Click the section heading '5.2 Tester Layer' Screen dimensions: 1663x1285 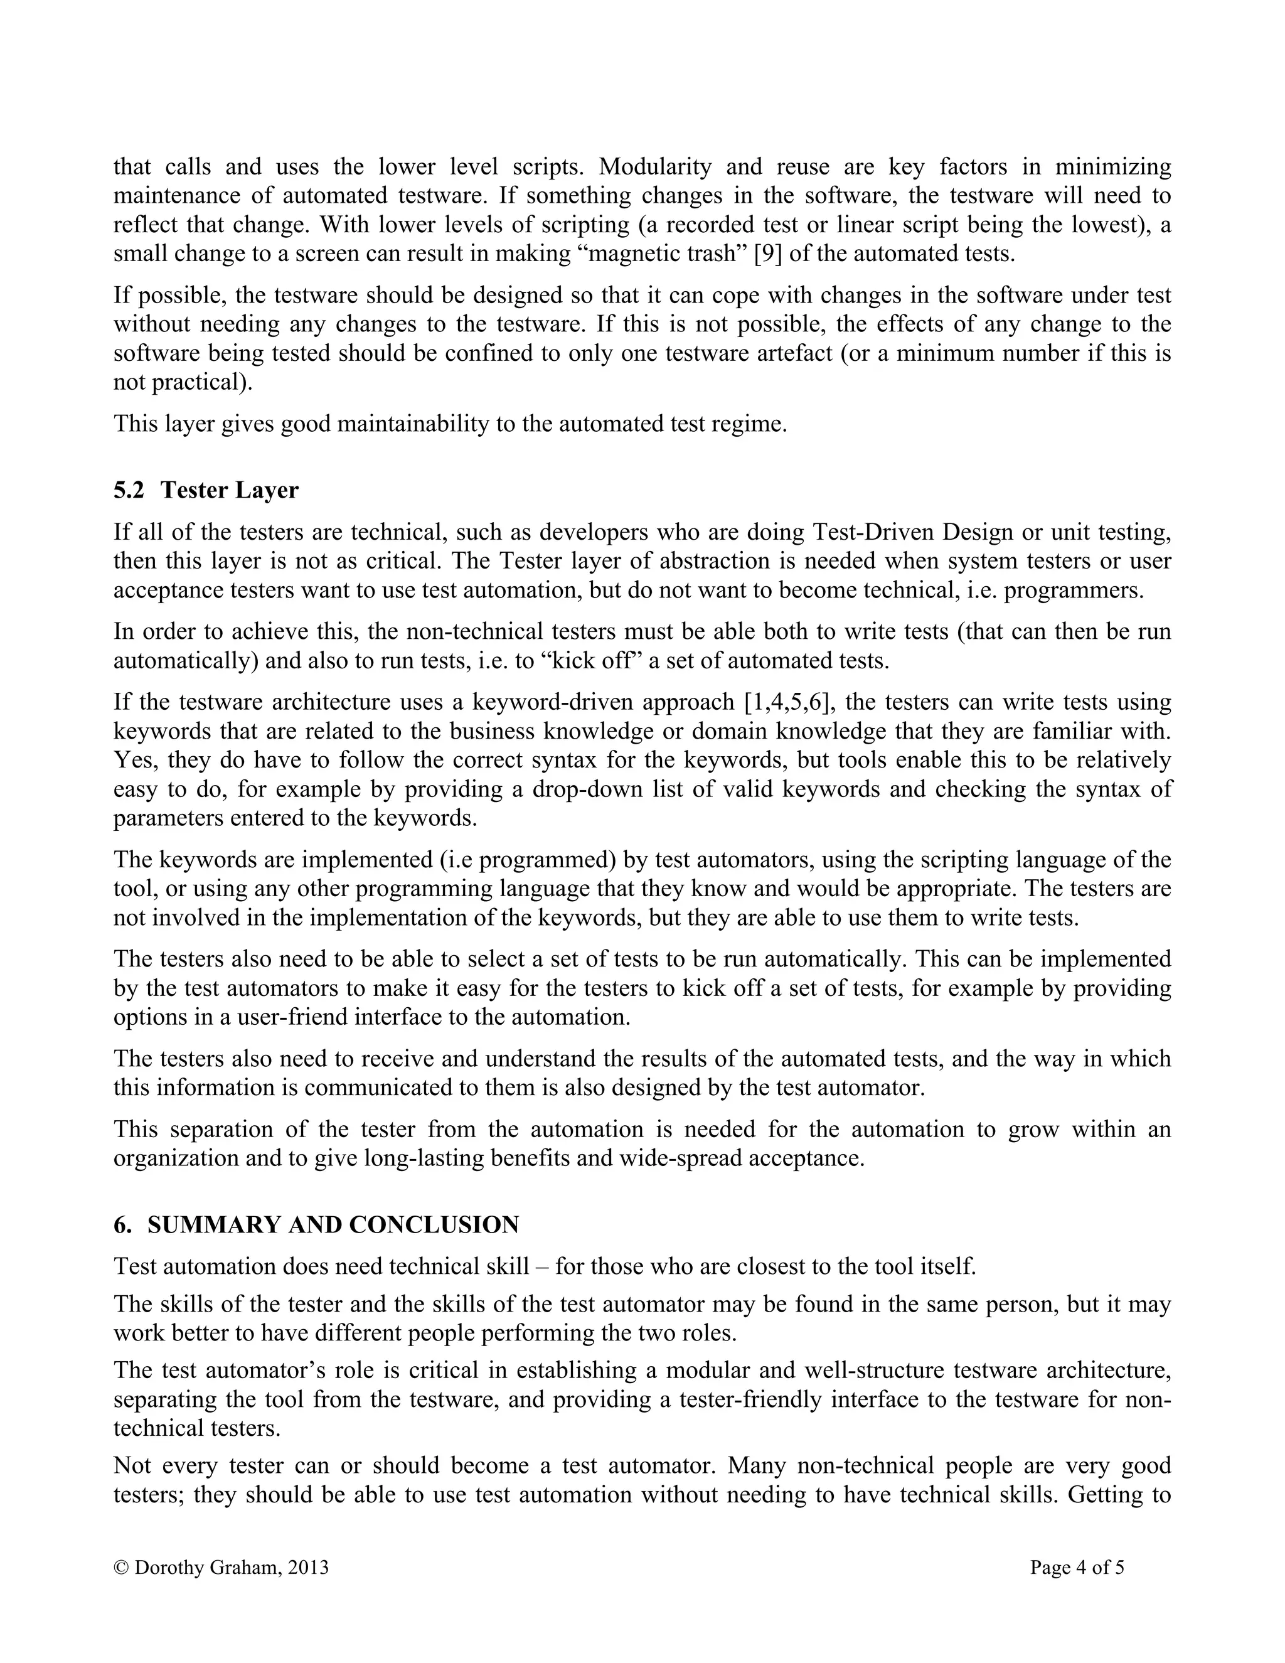(x=206, y=489)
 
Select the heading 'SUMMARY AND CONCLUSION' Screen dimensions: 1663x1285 (x=333, y=1225)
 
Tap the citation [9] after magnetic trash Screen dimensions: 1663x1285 (x=767, y=254)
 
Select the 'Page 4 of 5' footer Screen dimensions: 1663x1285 (x=1077, y=1567)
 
